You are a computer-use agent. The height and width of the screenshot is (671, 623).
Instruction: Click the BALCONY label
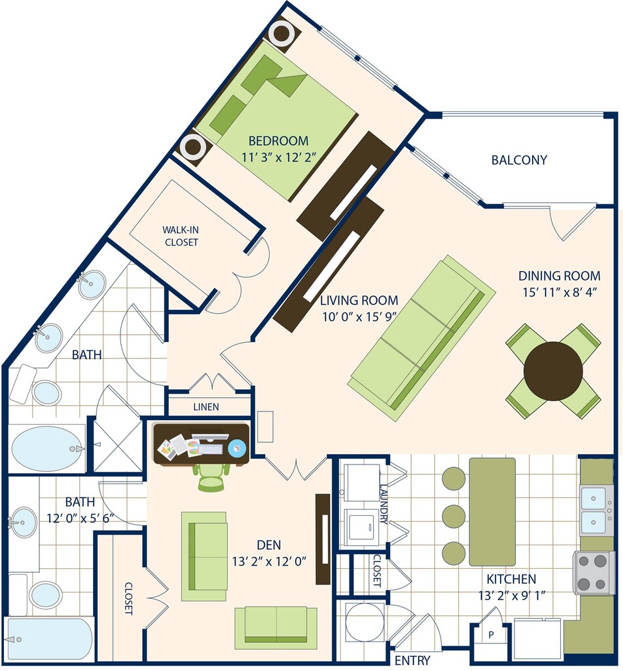[x=519, y=160]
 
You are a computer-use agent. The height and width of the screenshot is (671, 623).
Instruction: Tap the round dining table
[x=553, y=371]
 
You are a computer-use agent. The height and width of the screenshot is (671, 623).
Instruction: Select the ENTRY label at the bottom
[x=412, y=661]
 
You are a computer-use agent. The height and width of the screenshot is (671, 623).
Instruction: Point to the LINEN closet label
[x=206, y=407]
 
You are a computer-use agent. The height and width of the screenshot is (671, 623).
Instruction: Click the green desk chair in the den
[x=211, y=476]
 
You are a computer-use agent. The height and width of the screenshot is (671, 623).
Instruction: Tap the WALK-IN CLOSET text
[x=181, y=236]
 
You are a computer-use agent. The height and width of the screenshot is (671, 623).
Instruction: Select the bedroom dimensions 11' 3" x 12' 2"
[x=278, y=157]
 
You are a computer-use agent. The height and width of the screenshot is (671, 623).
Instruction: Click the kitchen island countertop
[x=492, y=512]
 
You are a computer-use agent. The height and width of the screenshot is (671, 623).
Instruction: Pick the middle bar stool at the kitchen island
[x=454, y=516]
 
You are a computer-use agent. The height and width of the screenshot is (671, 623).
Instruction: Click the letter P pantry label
[x=491, y=634]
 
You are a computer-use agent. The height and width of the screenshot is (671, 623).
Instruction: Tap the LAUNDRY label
[x=383, y=504]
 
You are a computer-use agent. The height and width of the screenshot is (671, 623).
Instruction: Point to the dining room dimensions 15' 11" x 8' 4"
[x=560, y=292]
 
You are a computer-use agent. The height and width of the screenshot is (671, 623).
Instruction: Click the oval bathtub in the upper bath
[x=46, y=448]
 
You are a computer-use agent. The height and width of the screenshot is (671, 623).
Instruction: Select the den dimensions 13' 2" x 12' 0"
[x=269, y=561]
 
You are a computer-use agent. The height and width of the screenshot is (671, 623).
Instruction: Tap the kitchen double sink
[x=596, y=509]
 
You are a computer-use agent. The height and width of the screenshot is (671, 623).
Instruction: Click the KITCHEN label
[x=511, y=579]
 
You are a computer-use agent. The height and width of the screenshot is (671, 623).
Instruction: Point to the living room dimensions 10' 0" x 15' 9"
[x=359, y=316]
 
